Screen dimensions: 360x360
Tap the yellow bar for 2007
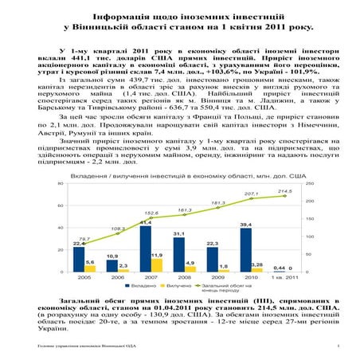pos(157,264)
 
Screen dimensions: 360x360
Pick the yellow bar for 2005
pos(90,268)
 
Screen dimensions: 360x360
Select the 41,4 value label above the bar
pos(146,222)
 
